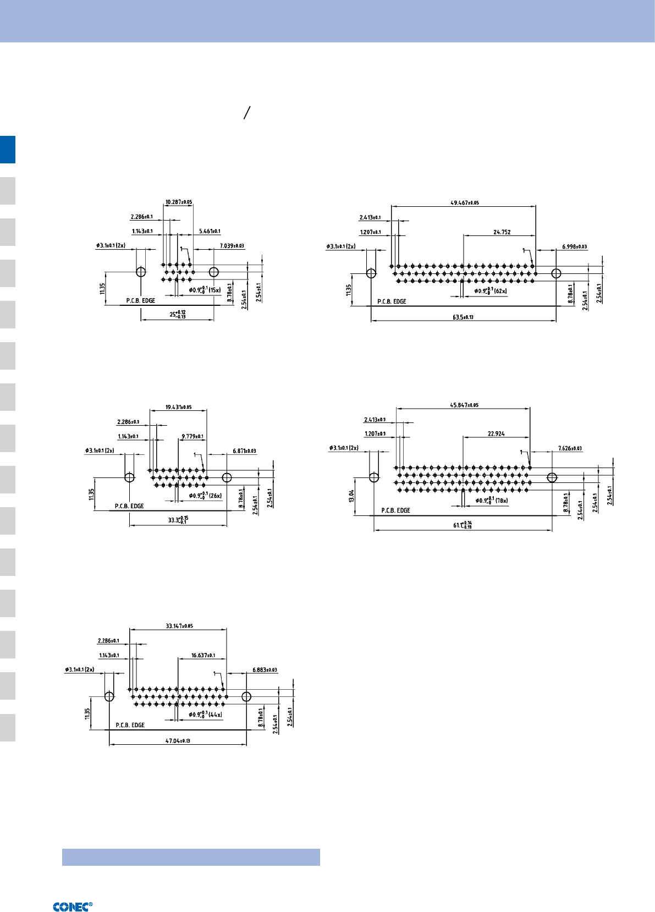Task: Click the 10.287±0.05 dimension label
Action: (179, 202)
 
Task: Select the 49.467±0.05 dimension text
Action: (464, 202)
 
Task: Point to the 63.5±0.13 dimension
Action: (463, 317)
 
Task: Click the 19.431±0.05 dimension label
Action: (178, 407)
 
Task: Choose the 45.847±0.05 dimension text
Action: (464, 405)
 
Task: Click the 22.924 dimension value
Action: (496, 434)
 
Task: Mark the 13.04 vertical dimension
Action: (351, 496)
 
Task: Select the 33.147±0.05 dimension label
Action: (179, 626)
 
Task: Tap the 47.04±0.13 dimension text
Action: (178, 741)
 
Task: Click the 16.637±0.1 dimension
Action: (203, 655)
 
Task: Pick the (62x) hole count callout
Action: (500, 291)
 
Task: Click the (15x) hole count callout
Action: (214, 290)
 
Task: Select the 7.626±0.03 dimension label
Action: (570, 448)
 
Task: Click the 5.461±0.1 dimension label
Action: (210, 232)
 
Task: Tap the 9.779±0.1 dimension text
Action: (192, 437)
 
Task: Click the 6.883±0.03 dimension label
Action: (265, 670)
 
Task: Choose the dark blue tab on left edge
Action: (8, 150)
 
